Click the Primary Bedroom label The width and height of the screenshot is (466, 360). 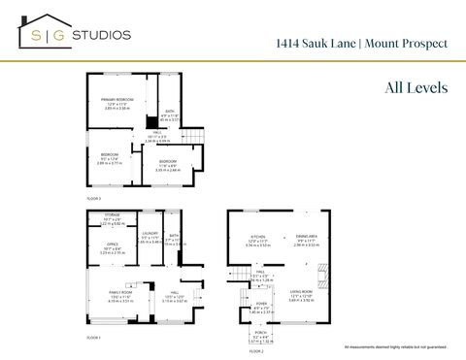[x=116, y=99]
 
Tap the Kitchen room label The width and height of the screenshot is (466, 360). [x=257, y=238]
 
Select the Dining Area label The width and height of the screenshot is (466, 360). [x=306, y=238]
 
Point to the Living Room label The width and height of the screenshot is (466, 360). [x=300, y=291]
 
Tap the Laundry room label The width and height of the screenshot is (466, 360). [x=150, y=233]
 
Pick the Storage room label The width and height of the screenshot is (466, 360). [x=113, y=214]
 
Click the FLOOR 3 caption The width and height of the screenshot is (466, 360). [x=93, y=198]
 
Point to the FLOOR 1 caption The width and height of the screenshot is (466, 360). [x=93, y=336]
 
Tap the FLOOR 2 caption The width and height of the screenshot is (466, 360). [x=256, y=351]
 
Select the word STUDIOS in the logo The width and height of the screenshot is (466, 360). [x=100, y=35]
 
